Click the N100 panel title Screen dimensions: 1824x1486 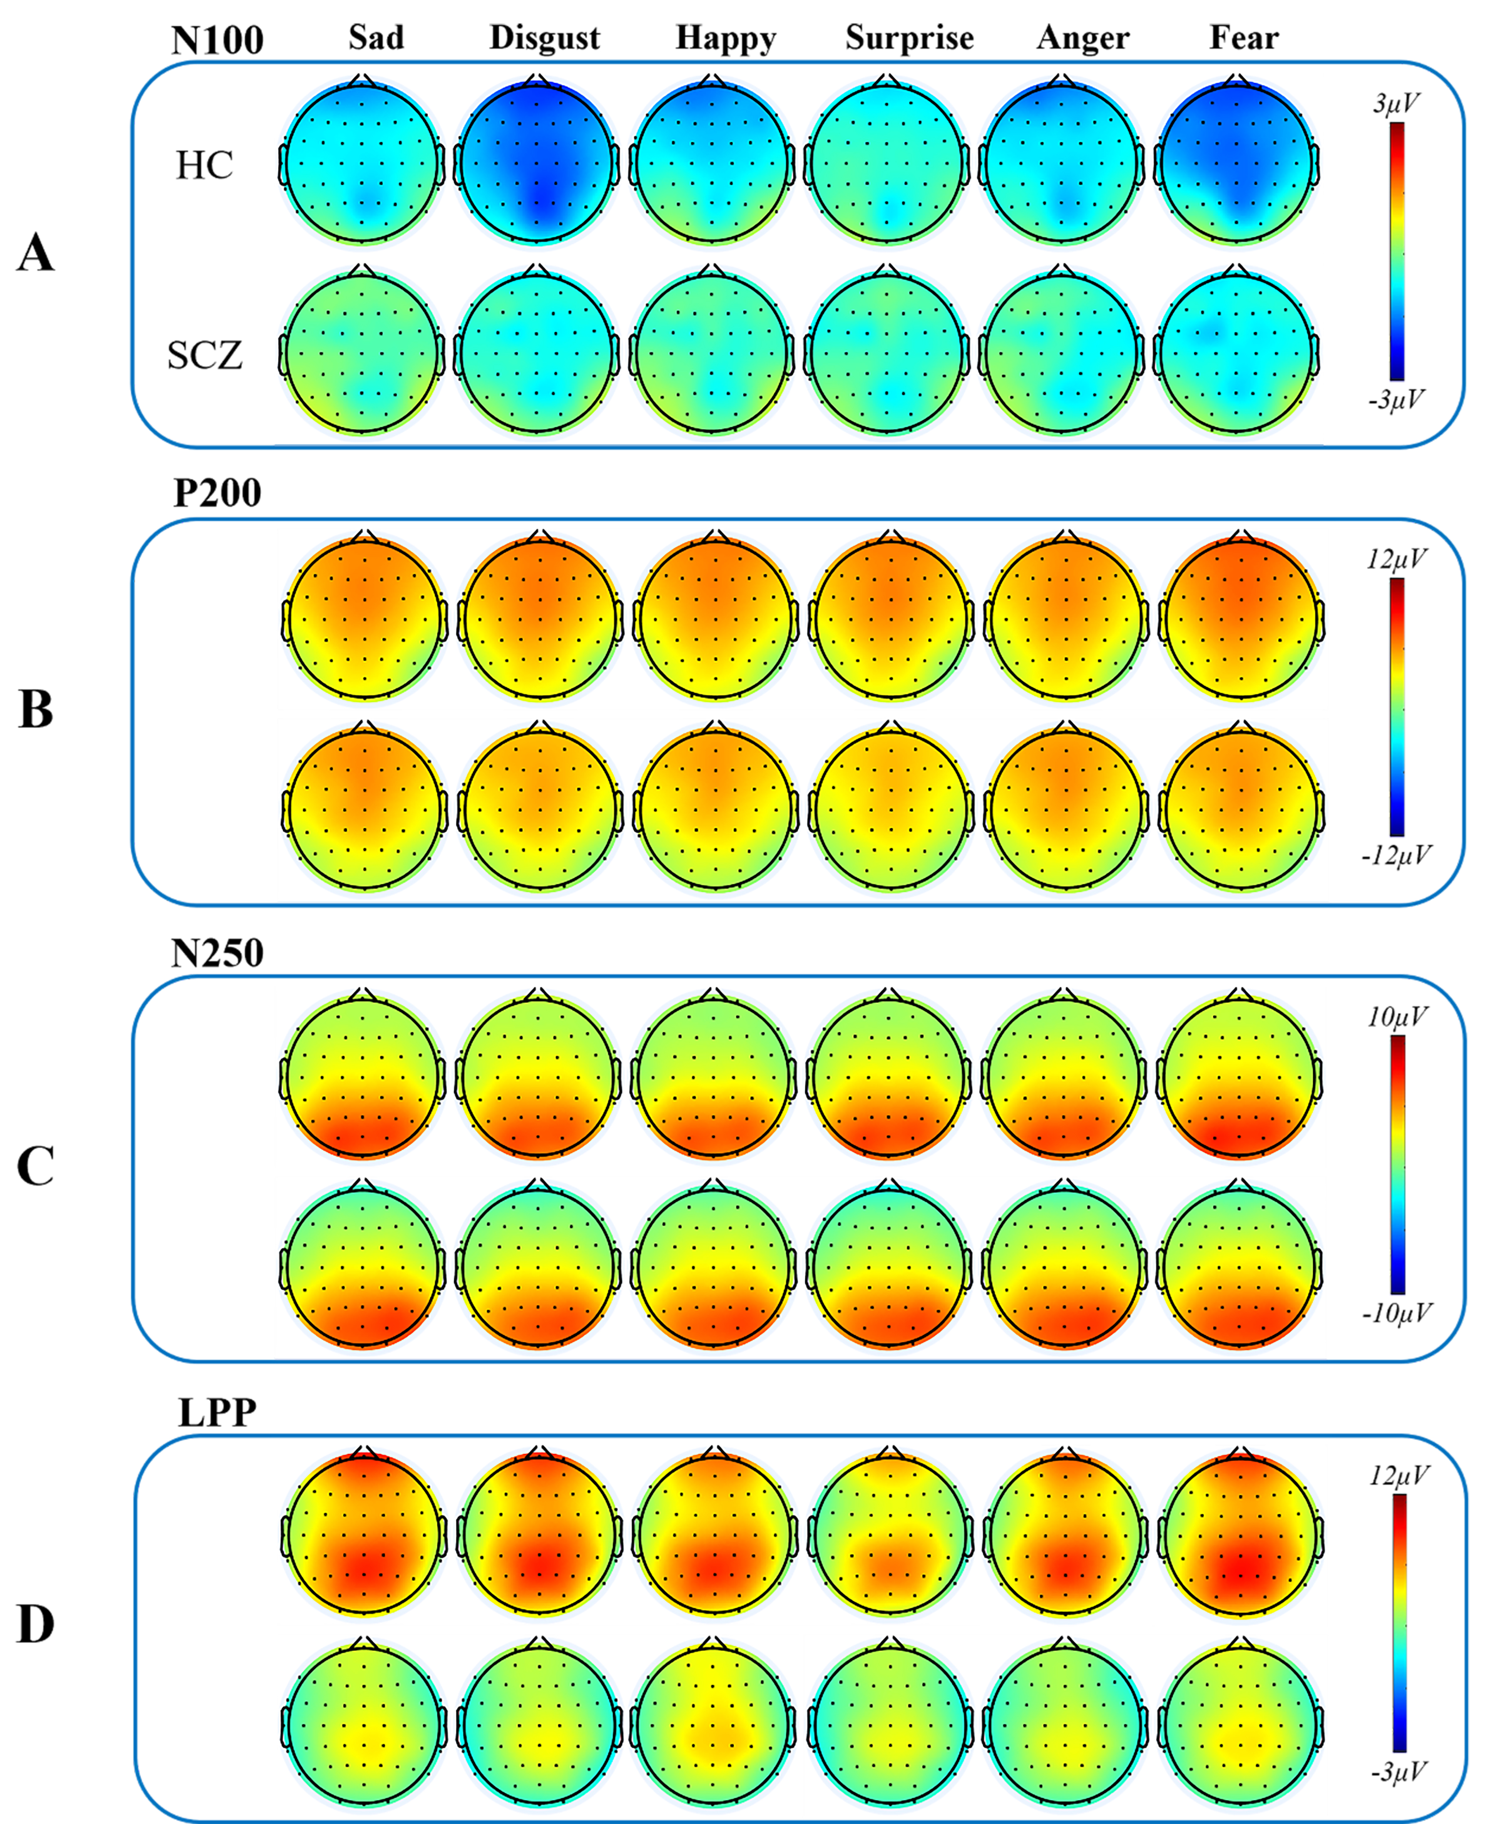tap(218, 40)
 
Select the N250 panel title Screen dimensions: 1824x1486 tap(218, 953)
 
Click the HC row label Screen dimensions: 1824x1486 tap(204, 165)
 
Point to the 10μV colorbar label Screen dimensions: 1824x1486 tap(1397, 1017)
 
